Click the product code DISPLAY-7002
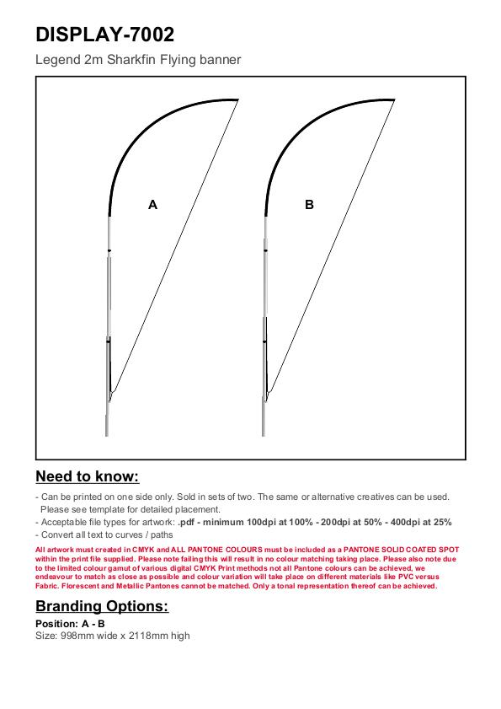coord(104,35)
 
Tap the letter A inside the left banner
coord(152,205)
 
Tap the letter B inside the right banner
coord(309,205)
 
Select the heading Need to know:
coord(88,476)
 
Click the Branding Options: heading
coord(102,606)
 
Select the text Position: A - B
coord(70,624)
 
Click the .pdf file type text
coord(186,522)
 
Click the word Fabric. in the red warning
coord(47,586)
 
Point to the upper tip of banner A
coord(238,99)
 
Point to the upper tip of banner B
coord(394,99)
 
